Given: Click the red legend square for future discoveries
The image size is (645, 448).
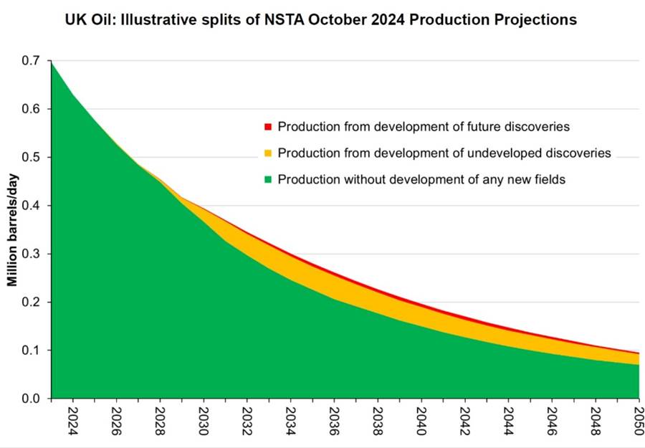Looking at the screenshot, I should point(268,127).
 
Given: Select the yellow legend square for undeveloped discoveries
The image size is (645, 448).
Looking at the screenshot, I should point(268,153).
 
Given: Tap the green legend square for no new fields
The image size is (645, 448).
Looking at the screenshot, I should point(268,180).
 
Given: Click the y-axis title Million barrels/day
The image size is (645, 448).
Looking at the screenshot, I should point(13,230).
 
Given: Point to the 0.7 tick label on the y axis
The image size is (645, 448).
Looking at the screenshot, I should point(30,61).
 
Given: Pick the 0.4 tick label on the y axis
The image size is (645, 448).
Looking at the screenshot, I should point(30,206).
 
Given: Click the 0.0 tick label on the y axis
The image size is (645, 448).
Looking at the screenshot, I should point(30,399).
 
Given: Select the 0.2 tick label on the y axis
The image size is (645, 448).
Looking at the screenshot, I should point(30,302).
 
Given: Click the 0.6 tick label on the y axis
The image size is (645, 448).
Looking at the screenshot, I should point(30,109).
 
